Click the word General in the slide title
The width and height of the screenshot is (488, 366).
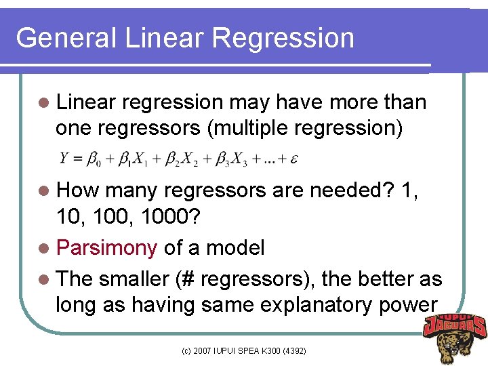pos(66,38)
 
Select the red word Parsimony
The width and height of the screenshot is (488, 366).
pos(107,248)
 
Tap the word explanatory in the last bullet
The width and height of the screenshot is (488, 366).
pos(314,305)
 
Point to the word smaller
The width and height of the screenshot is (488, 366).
pos(132,279)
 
